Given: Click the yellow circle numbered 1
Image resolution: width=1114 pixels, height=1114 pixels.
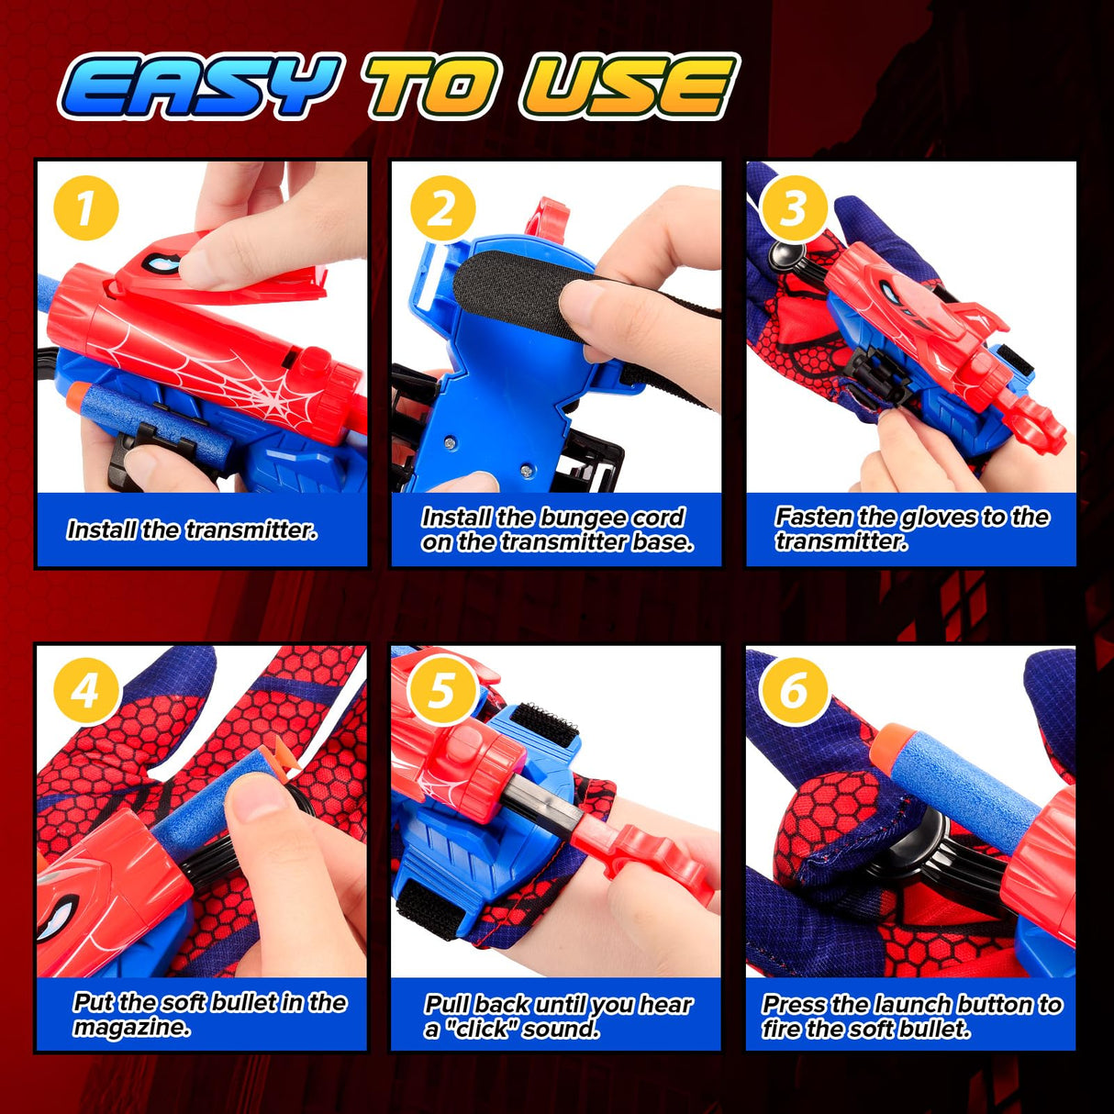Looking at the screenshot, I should (85, 208).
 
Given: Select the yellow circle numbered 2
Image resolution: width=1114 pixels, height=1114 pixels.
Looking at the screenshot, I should (441, 208).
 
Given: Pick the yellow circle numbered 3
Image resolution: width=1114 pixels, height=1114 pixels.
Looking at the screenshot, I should (795, 208).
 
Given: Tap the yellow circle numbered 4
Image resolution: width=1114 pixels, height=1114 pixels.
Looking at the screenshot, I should (85, 690).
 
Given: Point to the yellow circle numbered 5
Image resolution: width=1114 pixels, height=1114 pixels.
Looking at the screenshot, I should (441, 690).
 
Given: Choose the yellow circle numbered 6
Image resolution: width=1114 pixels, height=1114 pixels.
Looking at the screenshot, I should (795, 690).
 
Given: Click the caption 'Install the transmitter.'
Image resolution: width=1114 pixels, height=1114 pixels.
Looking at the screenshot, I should (192, 530).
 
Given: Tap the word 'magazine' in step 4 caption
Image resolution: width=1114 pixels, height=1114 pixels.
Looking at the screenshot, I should (131, 1028).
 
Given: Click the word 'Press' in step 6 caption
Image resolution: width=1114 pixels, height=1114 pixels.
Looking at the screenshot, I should (794, 1005).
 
